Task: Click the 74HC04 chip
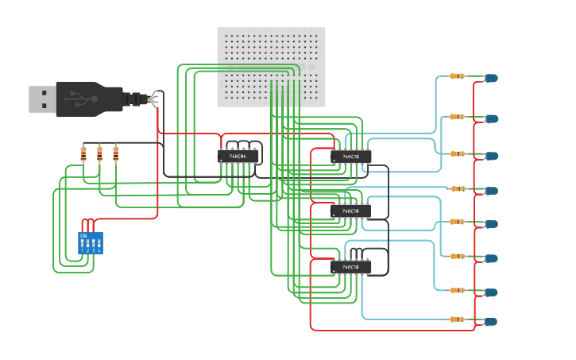(x=238, y=157)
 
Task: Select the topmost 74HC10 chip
(x=350, y=157)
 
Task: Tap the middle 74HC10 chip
(x=350, y=211)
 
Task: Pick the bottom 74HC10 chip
(x=350, y=268)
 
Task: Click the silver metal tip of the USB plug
(x=42, y=99)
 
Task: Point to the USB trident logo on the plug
(x=79, y=99)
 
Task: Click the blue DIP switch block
(x=90, y=242)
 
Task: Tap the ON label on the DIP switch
(x=83, y=236)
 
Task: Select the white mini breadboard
(x=271, y=67)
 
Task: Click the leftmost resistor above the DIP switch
(x=83, y=153)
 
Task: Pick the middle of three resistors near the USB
(x=99, y=153)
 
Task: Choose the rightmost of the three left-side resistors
(x=115, y=153)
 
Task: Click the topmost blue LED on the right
(x=491, y=79)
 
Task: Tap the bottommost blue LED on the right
(x=491, y=322)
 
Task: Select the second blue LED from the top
(x=492, y=118)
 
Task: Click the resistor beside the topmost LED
(x=456, y=76)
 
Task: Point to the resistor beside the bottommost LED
(x=456, y=319)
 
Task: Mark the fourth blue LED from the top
(x=492, y=191)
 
